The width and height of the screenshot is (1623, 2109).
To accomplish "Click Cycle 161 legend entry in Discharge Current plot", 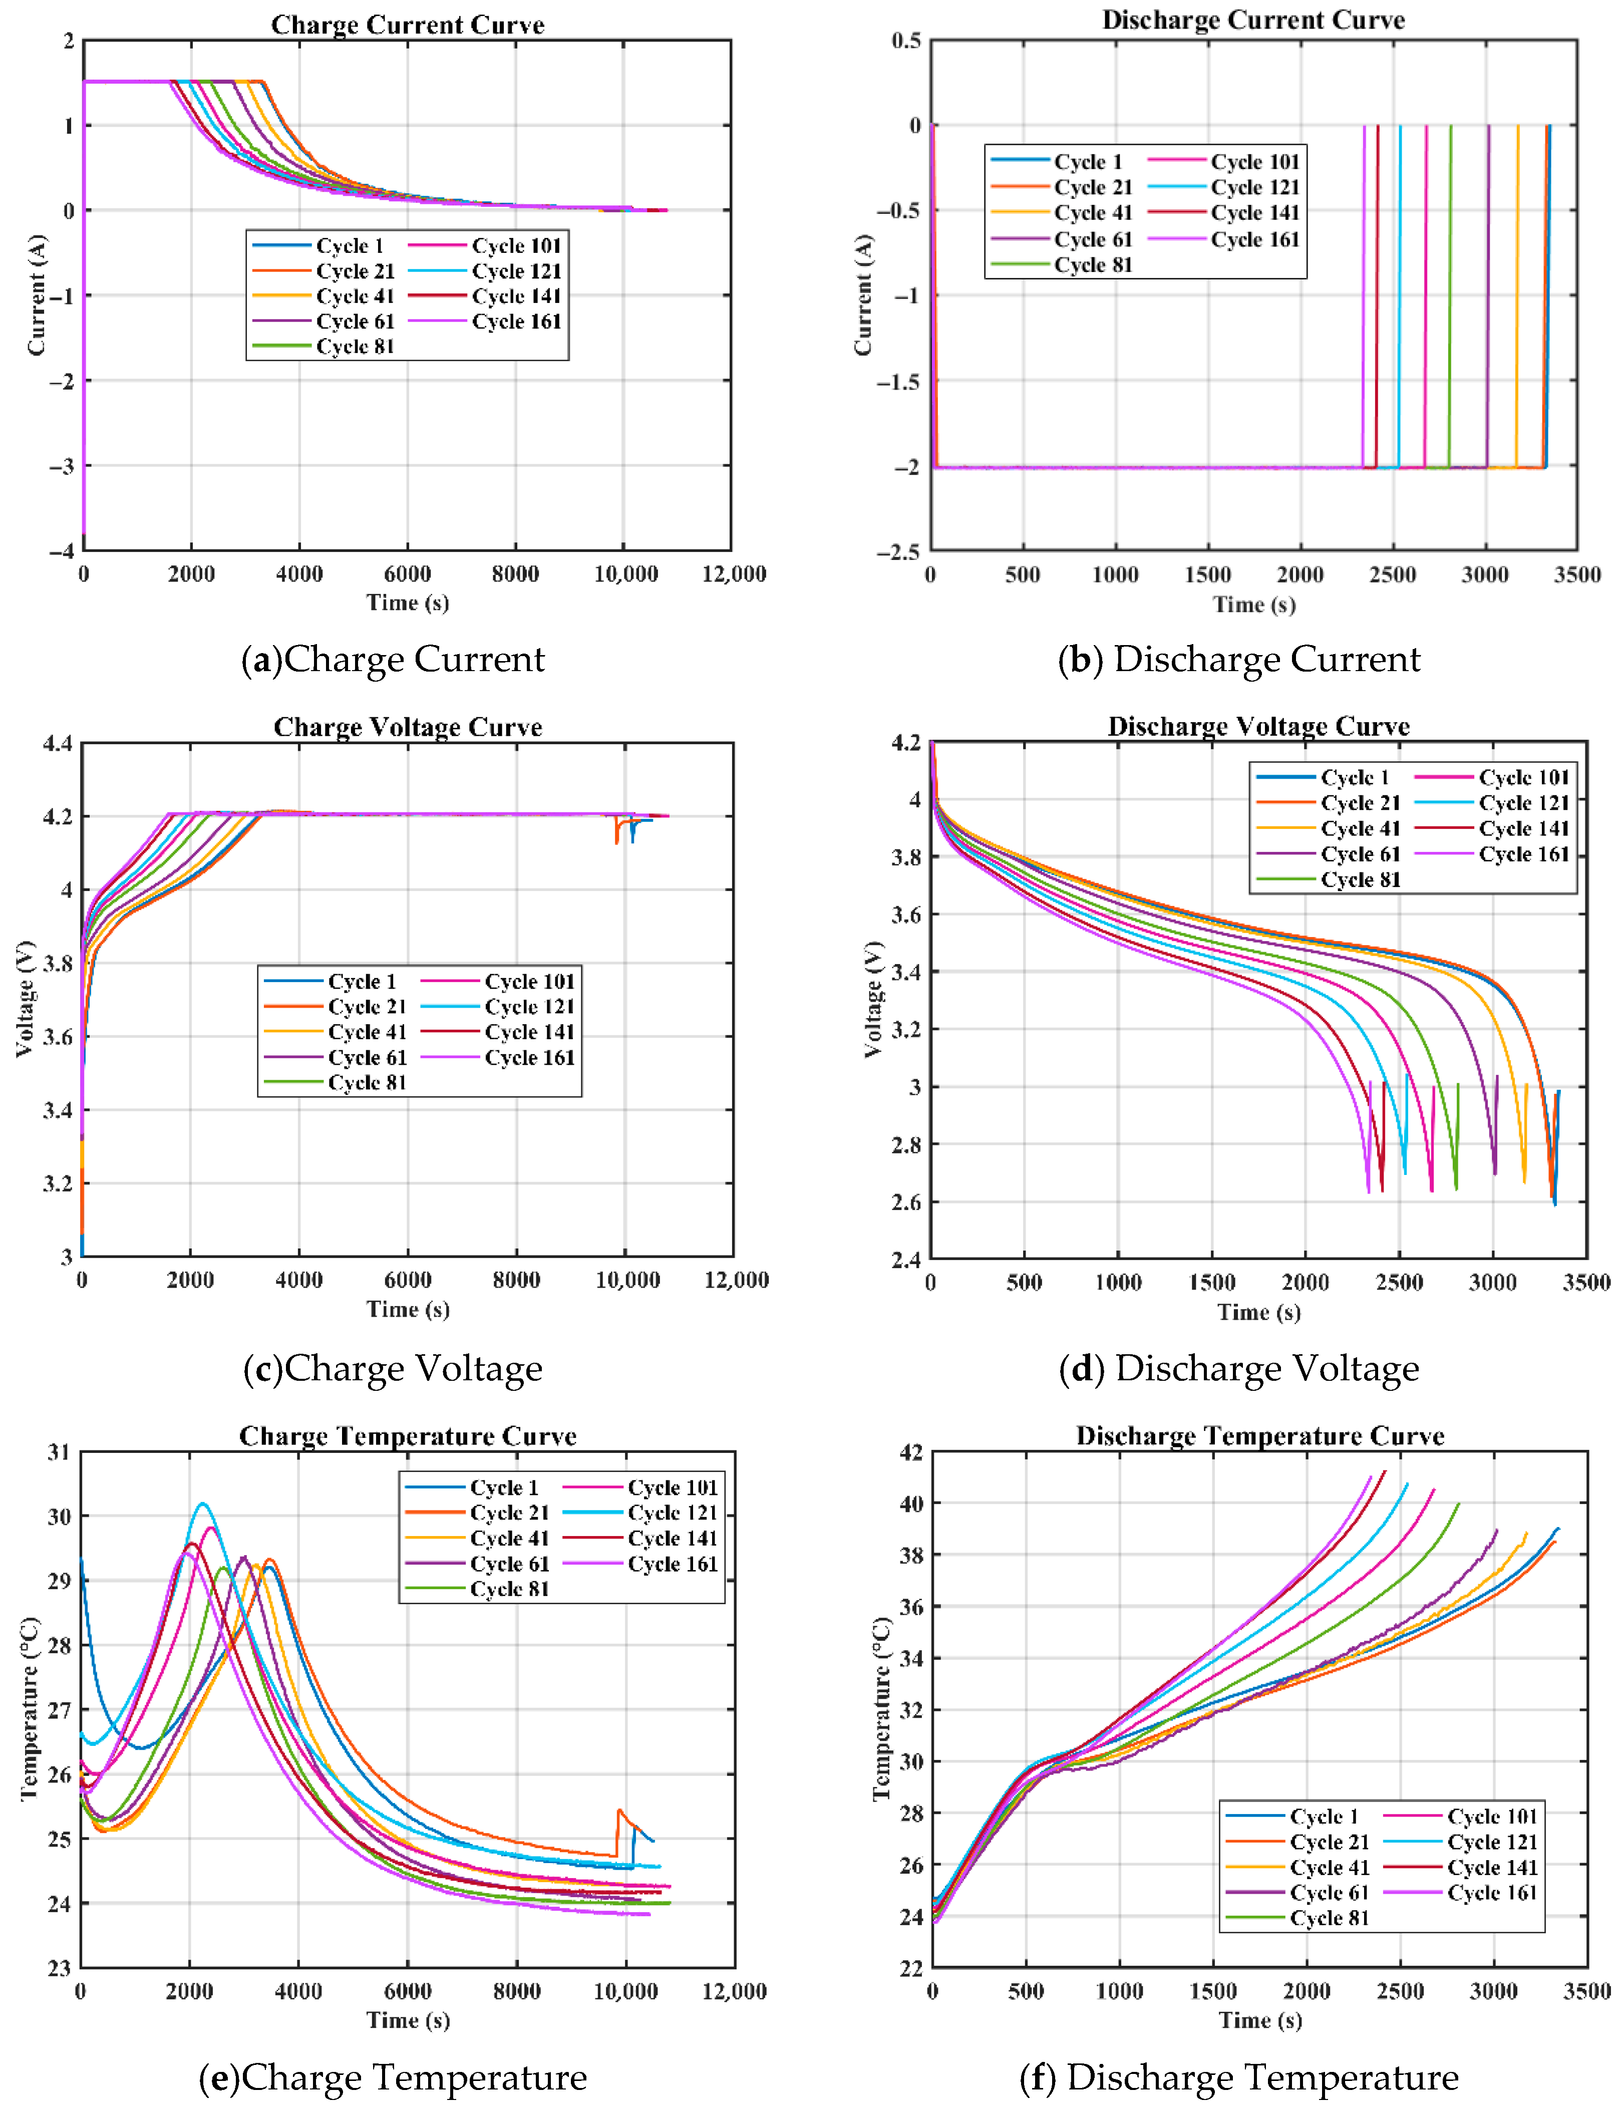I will click(1254, 239).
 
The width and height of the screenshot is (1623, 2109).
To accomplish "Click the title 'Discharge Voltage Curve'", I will click(1258, 726).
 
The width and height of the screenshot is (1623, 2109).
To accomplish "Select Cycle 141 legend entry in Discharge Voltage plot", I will click(1522, 828).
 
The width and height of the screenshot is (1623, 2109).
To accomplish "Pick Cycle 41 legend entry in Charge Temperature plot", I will click(508, 1538).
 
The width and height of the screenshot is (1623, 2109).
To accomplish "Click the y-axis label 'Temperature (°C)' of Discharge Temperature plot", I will click(880, 1709).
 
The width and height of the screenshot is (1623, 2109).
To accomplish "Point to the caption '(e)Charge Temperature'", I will click(393, 2077).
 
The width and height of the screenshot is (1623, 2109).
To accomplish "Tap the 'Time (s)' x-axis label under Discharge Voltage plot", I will click(1258, 1312).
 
